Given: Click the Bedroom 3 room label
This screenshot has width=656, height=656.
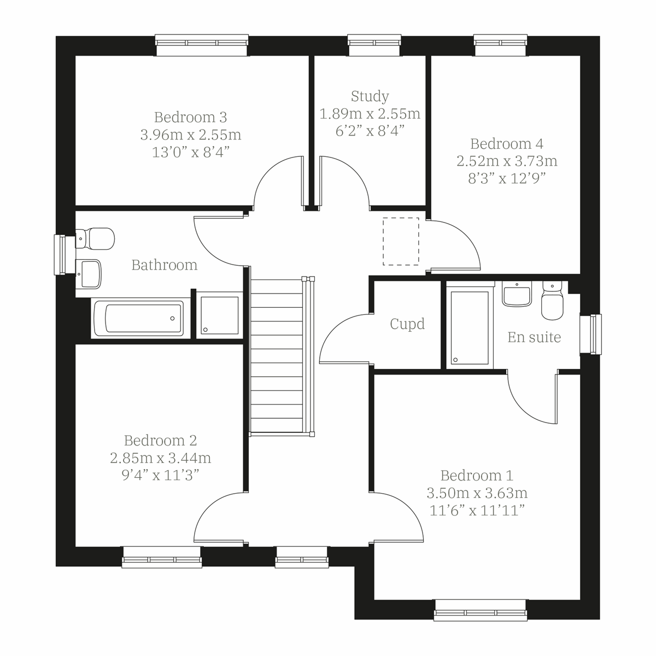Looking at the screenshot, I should click(x=190, y=117).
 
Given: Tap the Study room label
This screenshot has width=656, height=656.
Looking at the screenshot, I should click(x=370, y=96).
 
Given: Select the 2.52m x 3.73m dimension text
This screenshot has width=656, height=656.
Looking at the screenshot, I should click(x=507, y=161).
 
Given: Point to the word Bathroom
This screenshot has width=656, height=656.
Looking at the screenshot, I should click(x=165, y=265).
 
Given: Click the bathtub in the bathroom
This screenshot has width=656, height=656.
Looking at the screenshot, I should click(x=138, y=318).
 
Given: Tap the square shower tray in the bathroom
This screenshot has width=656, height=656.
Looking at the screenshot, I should click(x=219, y=315).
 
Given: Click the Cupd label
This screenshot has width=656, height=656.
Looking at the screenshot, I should click(x=407, y=324).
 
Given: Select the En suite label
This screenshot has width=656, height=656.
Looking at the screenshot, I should click(x=534, y=337).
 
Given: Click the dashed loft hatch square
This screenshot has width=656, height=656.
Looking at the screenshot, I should click(x=401, y=241).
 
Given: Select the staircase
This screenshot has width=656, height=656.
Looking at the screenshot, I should click(x=277, y=355).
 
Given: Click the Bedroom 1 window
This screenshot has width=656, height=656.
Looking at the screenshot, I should click(x=481, y=610).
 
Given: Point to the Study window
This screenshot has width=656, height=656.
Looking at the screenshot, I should click(x=374, y=45).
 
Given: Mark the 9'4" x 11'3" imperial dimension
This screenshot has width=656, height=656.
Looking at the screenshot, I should click(x=160, y=475).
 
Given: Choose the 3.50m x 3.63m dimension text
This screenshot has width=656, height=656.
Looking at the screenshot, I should click(x=477, y=493).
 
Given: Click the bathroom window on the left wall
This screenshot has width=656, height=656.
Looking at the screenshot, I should click(x=60, y=255).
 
